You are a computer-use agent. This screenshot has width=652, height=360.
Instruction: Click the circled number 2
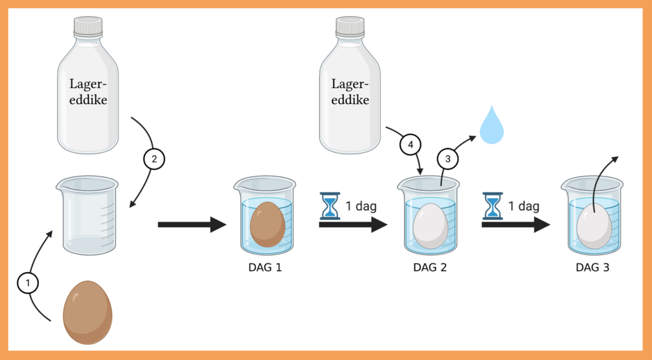click(x=153, y=159)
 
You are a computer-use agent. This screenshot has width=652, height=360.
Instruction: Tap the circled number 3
click(x=447, y=159)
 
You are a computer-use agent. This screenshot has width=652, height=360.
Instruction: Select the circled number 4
click(x=411, y=145)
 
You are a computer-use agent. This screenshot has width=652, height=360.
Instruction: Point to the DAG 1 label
click(x=265, y=267)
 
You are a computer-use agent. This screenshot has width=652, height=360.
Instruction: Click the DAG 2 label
click(x=430, y=268)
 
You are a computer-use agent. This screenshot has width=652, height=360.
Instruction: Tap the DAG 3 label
click(x=592, y=268)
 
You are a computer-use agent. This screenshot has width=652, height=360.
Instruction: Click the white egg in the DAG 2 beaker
click(x=430, y=226)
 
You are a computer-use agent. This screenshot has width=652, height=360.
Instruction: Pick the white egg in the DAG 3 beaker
click(x=593, y=227)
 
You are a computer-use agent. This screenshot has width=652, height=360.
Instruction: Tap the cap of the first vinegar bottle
click(x=88, y=27)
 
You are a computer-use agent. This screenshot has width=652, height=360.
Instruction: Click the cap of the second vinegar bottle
click(x=350, y=27)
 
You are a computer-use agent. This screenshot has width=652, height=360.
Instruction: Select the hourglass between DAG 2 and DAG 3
click(x=492, y=206)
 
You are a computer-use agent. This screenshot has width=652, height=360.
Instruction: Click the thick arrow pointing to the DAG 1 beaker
click(x=192, y=224)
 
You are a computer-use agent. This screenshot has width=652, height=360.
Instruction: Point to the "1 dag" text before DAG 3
click(x=523, y=206)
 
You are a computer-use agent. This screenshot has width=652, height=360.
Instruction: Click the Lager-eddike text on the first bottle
click(x=89, y=92)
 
